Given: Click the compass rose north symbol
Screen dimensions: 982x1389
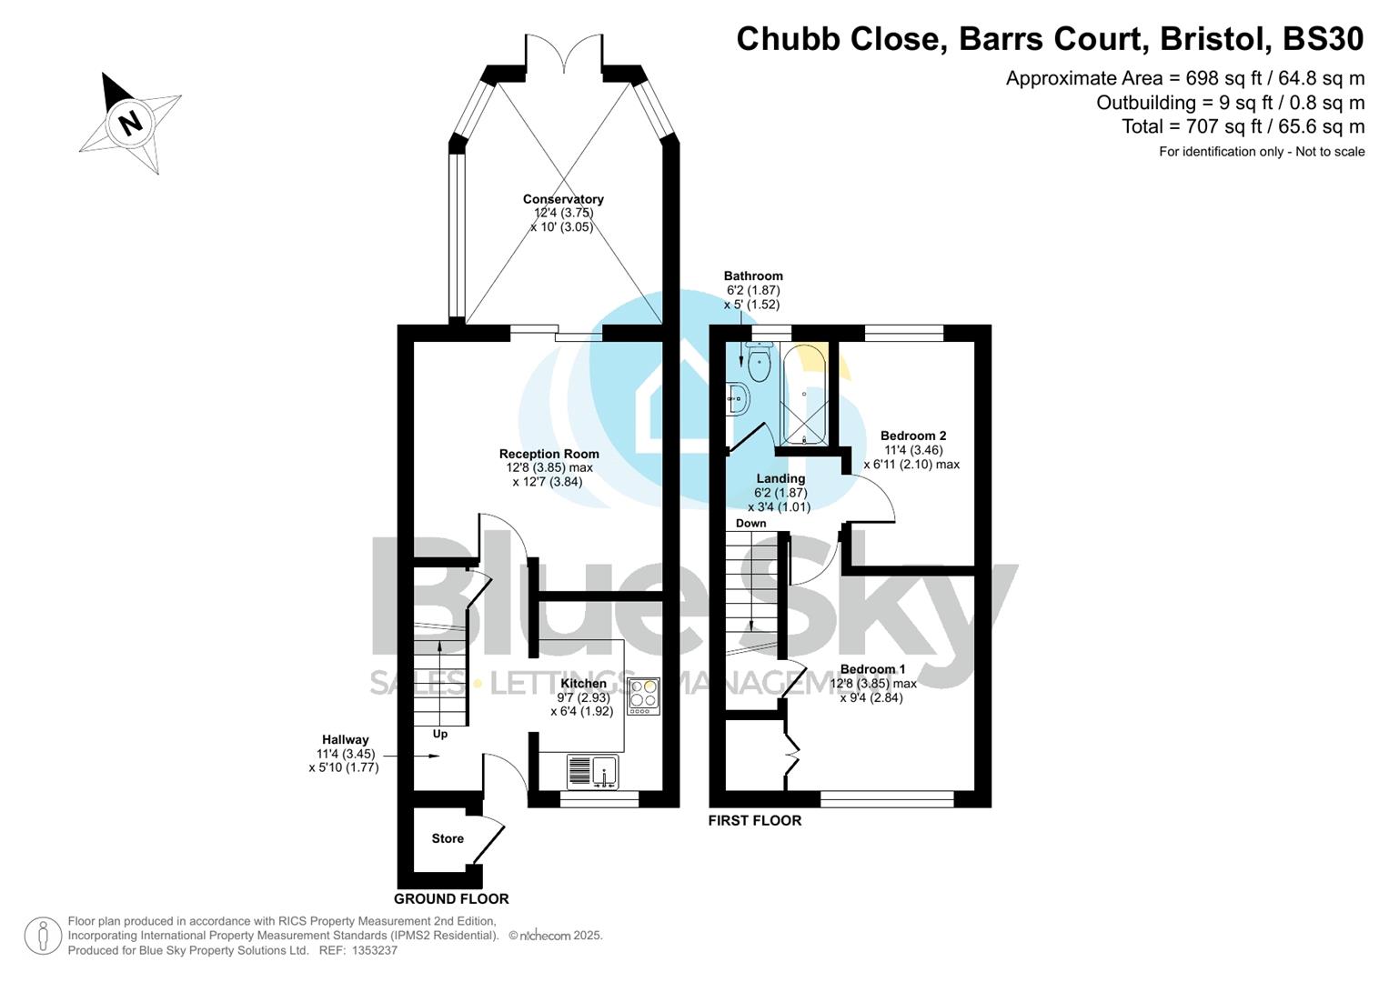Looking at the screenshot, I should tap(130, 122).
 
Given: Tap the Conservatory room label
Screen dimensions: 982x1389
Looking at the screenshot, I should tap(563, 199).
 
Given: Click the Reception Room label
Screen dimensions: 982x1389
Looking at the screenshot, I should tap(549, 454).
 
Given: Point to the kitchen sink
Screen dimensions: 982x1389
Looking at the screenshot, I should tap(592, 772).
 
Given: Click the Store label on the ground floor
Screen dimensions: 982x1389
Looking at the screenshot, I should tap(448, 838).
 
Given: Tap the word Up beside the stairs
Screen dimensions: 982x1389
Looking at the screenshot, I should tap(440, 734).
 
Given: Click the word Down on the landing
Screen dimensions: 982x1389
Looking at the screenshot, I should tap(750, 523).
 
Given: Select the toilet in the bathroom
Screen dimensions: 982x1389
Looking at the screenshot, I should tap(758, 365).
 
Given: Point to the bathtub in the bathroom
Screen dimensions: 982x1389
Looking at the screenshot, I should tap(804, 395).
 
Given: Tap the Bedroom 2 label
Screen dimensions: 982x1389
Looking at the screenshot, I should tap(913, 436).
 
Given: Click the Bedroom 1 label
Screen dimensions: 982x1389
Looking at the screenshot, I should tap(872, 669).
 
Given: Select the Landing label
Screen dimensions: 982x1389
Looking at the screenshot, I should tap(780, 478).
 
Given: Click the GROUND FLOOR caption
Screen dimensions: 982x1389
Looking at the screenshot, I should tap(451, 898).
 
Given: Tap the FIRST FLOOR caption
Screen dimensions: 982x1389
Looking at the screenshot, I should tap(755, 820).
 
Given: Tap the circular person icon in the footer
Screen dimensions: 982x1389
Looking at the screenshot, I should tap(43, 936).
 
